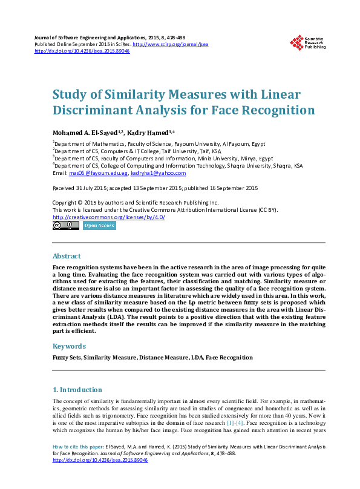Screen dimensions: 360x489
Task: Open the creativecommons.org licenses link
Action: [109, 217]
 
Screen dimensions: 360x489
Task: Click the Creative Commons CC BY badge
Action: [66, 225]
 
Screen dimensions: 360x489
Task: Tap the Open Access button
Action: [99, 225]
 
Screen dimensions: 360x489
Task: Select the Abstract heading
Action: [67, 256]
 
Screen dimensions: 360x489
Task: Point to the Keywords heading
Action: [69, 346]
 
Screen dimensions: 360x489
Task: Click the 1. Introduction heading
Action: [77, 390]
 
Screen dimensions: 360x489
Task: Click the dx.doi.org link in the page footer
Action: [100, 459]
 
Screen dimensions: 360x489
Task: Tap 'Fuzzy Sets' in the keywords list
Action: [67, 358]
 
